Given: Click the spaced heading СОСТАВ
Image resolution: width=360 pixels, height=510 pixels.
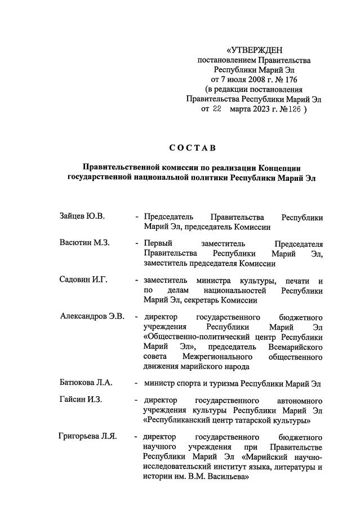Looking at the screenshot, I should (192, 148).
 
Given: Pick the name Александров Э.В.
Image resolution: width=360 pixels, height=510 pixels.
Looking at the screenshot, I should (92, 316).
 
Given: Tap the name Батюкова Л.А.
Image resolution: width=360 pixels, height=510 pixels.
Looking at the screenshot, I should (86, 383).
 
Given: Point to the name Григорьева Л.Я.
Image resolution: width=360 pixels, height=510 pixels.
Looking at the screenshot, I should (87, 437).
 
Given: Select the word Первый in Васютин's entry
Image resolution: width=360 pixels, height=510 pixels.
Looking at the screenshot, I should (158, 243).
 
